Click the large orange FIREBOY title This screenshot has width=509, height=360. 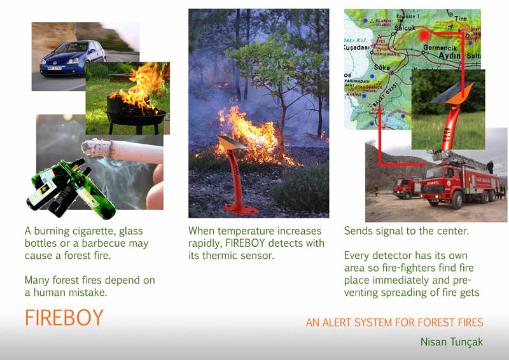pos(64,317)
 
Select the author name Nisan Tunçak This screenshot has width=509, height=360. pos(452,342)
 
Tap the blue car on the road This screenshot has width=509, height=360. pos(73,59)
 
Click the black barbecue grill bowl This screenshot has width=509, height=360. pos(136,111)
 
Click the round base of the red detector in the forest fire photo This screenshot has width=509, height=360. pos(241,209)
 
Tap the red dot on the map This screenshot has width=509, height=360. pos(424,35)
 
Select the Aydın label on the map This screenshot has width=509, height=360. pos(450,55)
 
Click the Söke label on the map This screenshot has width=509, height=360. pos(382,67)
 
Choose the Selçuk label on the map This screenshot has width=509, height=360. pos(405,29)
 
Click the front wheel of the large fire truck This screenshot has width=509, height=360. pos(457,200)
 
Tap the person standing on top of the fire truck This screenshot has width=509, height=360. pos(490,167)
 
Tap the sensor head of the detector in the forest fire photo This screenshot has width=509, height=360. pos(232,143)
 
